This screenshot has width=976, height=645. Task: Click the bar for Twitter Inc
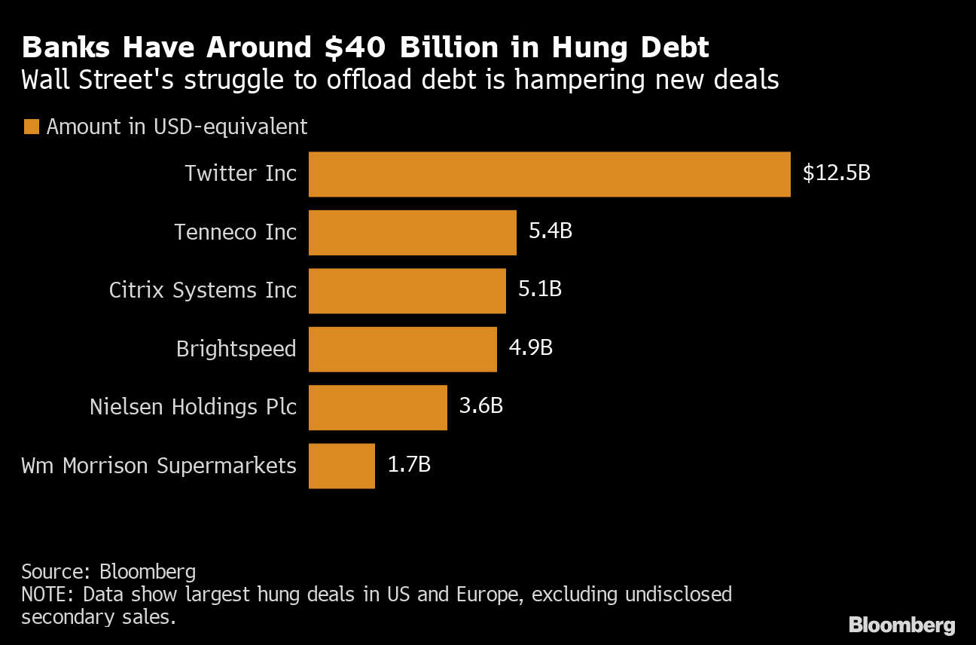click(549, 174)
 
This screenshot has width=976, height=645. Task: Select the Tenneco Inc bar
click(412, 232)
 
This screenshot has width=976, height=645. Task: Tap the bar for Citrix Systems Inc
click(407, 291)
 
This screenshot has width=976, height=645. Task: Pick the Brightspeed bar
click(402, 349)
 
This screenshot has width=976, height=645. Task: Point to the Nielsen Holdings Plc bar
click(377, 408)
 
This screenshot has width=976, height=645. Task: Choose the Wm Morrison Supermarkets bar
click(341, 466)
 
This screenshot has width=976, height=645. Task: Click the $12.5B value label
click(836, 173)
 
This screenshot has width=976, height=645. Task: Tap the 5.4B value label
click(551, 231)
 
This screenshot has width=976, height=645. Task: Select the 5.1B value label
click(539, 289)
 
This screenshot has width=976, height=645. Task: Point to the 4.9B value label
click(530, 348)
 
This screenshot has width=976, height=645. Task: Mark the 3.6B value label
click(480, 406)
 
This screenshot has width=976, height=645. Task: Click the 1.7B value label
click(409, 465)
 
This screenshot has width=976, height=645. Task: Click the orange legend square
click(31, 127)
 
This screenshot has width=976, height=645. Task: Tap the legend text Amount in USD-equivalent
click(177, 127)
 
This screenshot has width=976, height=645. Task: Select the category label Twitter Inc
click(241, 174)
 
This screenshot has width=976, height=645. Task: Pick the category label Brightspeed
click(236, 350)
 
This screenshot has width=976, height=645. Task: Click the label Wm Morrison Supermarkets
click(159, 466)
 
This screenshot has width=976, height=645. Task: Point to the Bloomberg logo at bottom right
click(901, 625)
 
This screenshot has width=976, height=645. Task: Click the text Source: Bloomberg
click(108, 570)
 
